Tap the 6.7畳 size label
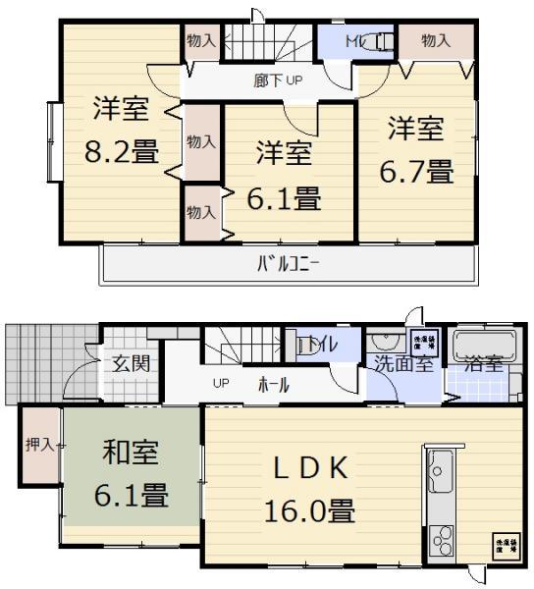pos(416,172)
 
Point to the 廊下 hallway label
pos(268,81)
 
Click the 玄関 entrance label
pos(130,364)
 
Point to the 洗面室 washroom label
pos(401,363)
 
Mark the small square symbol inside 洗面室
pos(424,343)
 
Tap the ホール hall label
pos(274,385)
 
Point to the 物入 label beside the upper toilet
pos(435,40)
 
